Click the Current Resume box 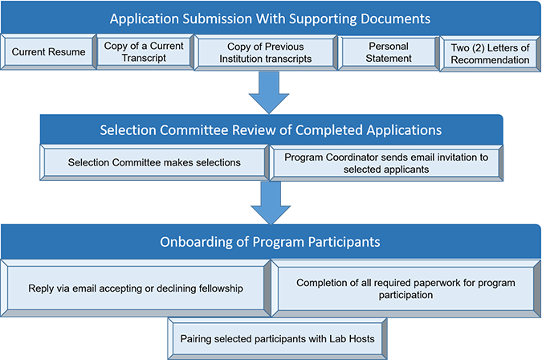pyautogui.click(x=50, y=52)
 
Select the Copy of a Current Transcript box pyautogui.click(x=144, y=51)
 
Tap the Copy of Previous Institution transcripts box pyautogui.click(x=265, y=52)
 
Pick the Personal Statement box pyautogui.click(x=388, y=52)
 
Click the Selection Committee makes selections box pyautogui.click(x=154, y=162)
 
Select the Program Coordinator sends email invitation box pyautogui.click(x=385, y=162)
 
